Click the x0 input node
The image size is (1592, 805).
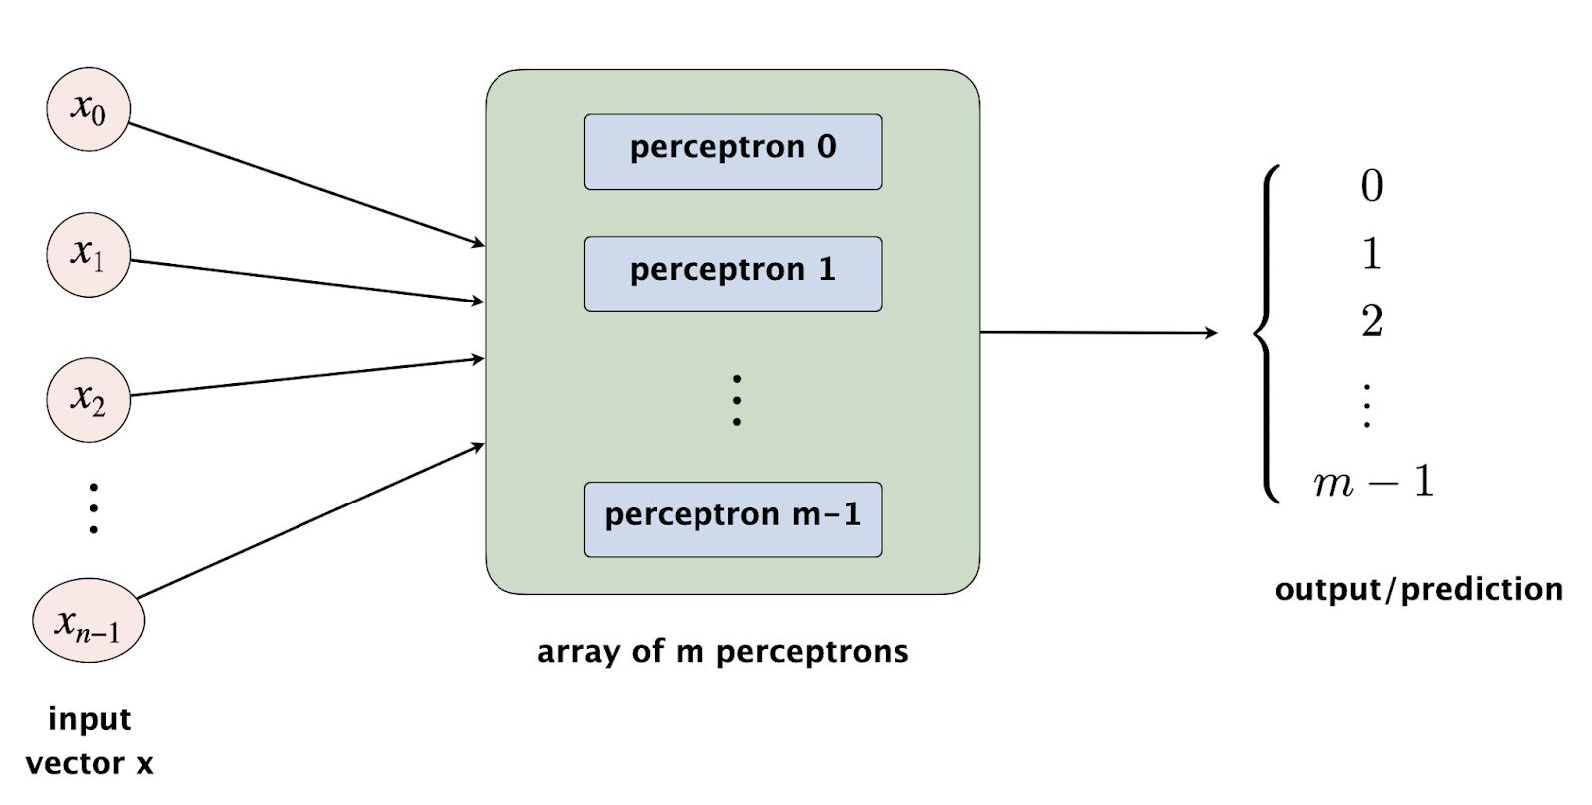coord(89,109)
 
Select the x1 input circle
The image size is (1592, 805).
coord(89,254)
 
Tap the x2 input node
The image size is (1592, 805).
coord(89,399)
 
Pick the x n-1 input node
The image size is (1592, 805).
coord(89,622)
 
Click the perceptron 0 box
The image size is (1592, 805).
coord(732,151)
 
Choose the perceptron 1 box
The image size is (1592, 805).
coord(732,274)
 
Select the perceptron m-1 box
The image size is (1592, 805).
coord(732,518)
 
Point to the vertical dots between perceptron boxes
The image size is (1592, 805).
coord(736,400)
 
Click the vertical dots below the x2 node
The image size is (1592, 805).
coord(93,507)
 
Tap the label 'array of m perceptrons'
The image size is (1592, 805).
coord(722,652)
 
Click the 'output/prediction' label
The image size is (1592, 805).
coord(1418,589)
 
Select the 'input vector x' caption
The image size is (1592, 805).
coord(90,741)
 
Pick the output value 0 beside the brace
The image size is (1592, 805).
coord(1371,186)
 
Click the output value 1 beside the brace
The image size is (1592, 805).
coord(1371,254)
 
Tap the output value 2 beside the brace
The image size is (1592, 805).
coord(1371,321)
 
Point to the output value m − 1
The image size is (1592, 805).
coord(1373,483)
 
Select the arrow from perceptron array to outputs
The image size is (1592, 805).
coord(1094,332)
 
